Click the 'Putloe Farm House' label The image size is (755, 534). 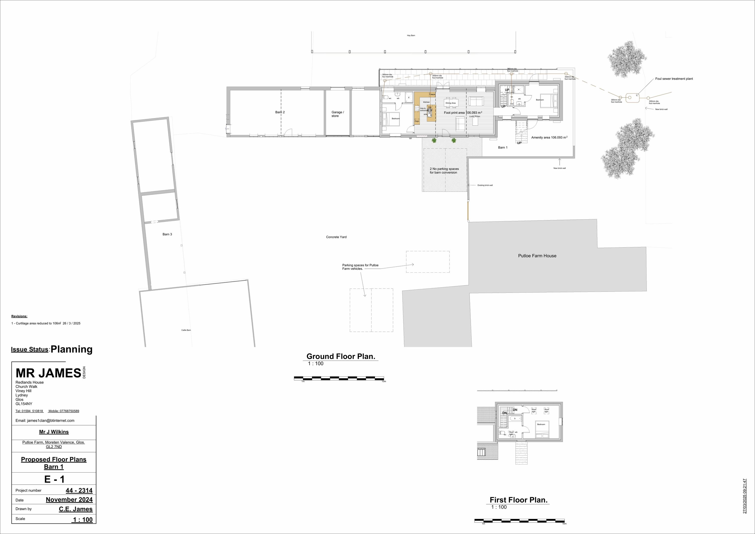pos(537,256)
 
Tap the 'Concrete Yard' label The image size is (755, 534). pos(336,237)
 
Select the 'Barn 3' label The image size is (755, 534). pos(167,234)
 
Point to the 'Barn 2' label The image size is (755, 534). pos(280,112)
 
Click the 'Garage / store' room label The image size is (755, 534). pos(337,114)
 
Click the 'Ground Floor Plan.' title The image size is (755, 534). pos(341,356)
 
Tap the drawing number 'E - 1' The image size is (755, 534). pos(54,479)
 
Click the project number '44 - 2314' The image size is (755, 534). pos(79,490)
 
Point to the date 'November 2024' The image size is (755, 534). pos(69,500)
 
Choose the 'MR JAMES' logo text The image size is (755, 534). pos(48,373)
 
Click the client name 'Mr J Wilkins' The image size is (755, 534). pos(54,432)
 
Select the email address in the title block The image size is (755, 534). pos(45,420)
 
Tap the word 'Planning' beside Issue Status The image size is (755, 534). pos(71,349)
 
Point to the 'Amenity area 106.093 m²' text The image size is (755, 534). pos(549,137)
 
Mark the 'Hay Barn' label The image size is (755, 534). pos(411,35)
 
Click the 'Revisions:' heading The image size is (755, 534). pos(19,316)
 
